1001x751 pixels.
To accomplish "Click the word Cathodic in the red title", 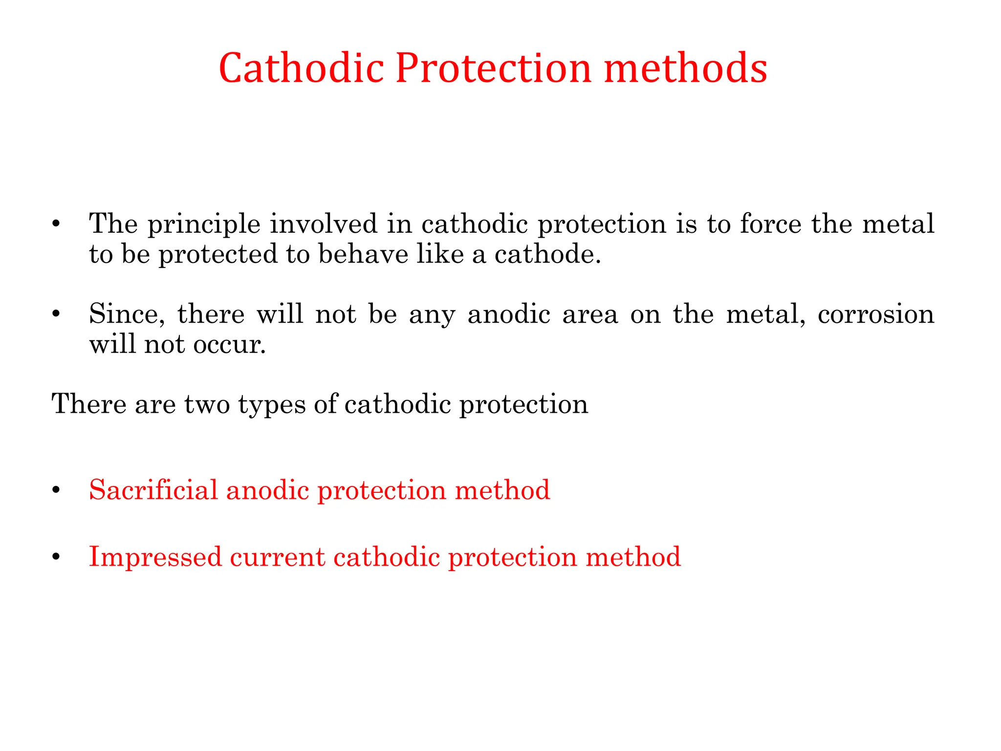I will [x=301, y=68].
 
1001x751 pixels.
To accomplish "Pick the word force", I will [x=770, y=224].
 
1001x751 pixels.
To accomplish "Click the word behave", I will [x=363, y=254].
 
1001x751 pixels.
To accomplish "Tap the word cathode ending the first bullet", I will [x=547, y=254].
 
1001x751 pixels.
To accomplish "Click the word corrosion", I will [x=876, y=314].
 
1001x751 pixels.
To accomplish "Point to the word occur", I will [x=229, y=345].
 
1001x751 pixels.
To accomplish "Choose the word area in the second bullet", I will [x=590, y=314].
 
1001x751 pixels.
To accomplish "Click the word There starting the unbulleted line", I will [x=89, y=404].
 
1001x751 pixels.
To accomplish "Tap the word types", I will [x=271, y=405].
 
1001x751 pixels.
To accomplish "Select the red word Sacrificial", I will [x=153, y=489].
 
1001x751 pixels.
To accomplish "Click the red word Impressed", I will [x=155, y=557].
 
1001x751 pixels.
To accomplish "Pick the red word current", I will [x=277, y=557].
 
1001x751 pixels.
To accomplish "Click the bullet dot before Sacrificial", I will [x=56, y=490].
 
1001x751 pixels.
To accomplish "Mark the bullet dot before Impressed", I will [x=56, y=557].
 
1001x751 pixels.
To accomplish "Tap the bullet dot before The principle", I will [x=56, y=224].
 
